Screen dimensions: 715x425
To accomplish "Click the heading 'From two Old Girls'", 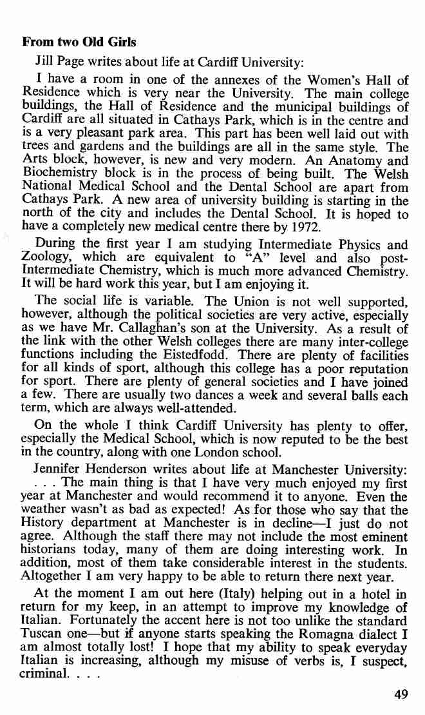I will pyautogui.click(x=79, y=43).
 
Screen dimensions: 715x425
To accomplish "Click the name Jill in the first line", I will pyautogui.click(x=43, y=63).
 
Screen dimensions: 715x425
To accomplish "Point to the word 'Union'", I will pyautogui.click(x=222, y=300).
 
